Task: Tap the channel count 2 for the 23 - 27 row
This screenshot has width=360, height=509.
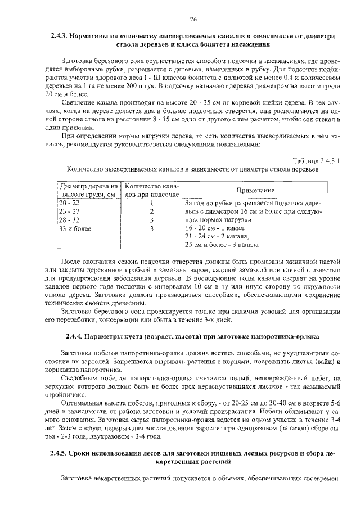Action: tap(152, 211)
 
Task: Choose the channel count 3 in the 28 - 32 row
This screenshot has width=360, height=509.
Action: tap(152, 220)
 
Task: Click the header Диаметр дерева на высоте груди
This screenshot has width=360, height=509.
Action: tap(88, 191)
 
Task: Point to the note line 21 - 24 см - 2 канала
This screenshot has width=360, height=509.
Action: tap(217, 237)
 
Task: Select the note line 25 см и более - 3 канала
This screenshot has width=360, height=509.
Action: tap(222, 246)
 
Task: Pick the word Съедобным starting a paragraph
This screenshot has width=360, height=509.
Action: tap(79, 379)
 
